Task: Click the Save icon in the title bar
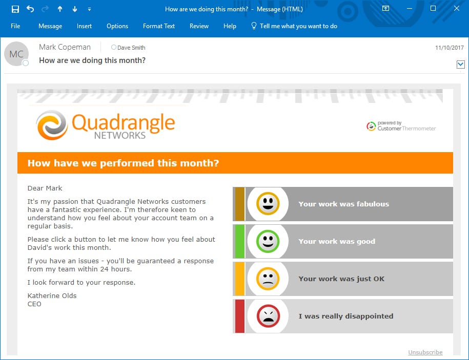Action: [15, 9]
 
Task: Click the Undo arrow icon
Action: [30, 9]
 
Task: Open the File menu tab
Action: [15, 26]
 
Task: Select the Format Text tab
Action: [159, 26]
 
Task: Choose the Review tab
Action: [199, 26]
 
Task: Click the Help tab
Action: [230, 26]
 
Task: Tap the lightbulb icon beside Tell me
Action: [254, 26]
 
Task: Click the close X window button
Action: [456, 8]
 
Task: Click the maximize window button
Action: [433, 8]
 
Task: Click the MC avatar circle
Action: [16, 54]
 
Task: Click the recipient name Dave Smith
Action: [131, 48]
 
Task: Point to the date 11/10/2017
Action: [449, 48]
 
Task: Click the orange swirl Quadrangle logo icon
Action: [52, 125]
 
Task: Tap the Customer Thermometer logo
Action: [401, 126]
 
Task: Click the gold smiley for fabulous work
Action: [268, 203]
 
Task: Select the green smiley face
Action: [268, 241]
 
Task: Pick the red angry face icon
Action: [268, 316]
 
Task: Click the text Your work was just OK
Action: [341, 279]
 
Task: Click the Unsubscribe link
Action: [425, 352]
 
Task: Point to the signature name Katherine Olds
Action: [52, 296]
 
